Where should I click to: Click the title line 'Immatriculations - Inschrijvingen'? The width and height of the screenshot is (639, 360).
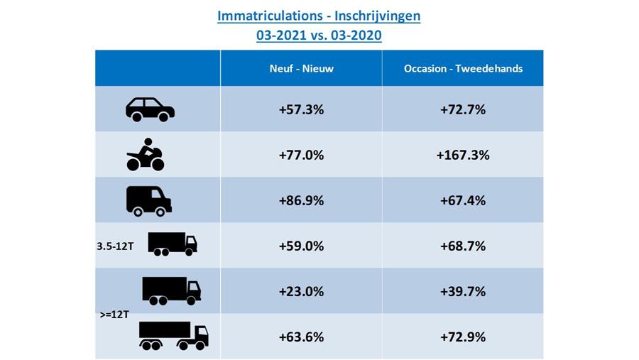pos(319,16)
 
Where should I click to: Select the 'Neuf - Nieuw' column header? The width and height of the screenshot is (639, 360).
pos(301,68)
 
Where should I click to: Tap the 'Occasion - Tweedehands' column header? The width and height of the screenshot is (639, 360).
pos(463,68)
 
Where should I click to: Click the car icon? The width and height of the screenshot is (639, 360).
pos(150,109)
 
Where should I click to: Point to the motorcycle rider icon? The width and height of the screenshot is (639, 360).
pos(146,155)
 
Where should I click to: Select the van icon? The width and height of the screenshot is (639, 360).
pos(148,200)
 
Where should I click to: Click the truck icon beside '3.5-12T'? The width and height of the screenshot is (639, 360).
pos(172,244)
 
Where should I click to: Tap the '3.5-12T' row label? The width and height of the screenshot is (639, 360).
pos(115,247)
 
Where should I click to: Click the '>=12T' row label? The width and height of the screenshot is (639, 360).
pos(114,313)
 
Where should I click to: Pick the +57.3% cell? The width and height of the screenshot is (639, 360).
pos(301,109)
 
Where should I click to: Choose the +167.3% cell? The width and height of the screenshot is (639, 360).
pos(463,155)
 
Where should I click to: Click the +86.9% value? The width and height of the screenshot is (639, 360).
pos(301,200)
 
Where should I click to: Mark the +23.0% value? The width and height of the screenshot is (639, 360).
pos(301,291)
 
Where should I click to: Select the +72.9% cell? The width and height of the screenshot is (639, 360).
pos(463,337)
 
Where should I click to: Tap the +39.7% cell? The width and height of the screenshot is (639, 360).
pos(463,291)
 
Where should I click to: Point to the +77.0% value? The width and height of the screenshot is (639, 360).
pos(301,155)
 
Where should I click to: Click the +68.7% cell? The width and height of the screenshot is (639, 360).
pos(463,246)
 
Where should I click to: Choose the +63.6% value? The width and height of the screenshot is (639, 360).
pos(301,337)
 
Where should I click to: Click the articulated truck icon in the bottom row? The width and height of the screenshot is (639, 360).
pos(173,336)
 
